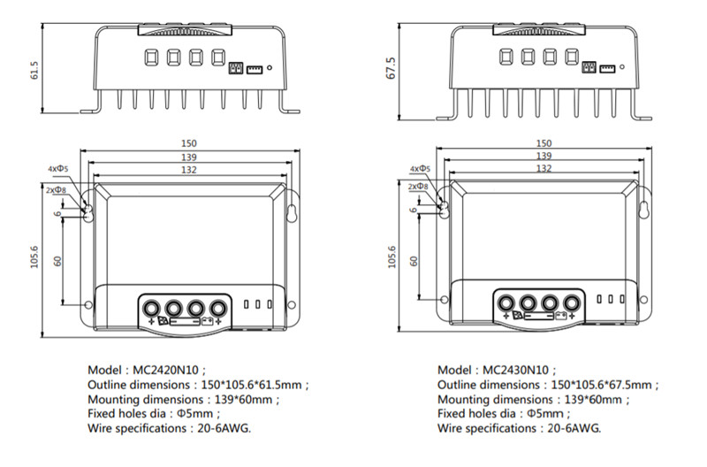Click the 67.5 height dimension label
tap(390, 72)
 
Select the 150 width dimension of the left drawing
tap(188, 143)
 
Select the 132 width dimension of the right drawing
tap(544, 168)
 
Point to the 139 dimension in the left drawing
tap(188, 157)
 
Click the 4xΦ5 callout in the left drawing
tap(59, 168)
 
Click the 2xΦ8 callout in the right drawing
tap(419, 188)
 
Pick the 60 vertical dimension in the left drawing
tap(59, 260)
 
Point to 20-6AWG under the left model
tap(221, 429)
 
